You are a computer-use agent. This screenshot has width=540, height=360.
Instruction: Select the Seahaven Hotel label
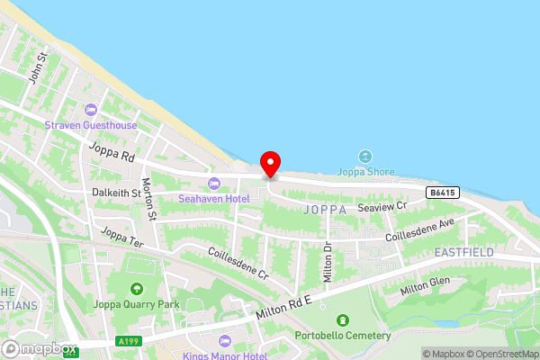coord(213,198)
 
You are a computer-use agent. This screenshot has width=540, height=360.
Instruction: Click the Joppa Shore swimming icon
coord(364,157)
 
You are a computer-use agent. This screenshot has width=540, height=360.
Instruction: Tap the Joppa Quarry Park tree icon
coord(136,289)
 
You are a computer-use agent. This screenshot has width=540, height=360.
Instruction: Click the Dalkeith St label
coord(116,193)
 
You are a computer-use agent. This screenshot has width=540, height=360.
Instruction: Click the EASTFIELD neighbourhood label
coord(463,253)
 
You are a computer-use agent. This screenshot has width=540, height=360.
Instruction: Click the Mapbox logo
coord(40,348)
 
